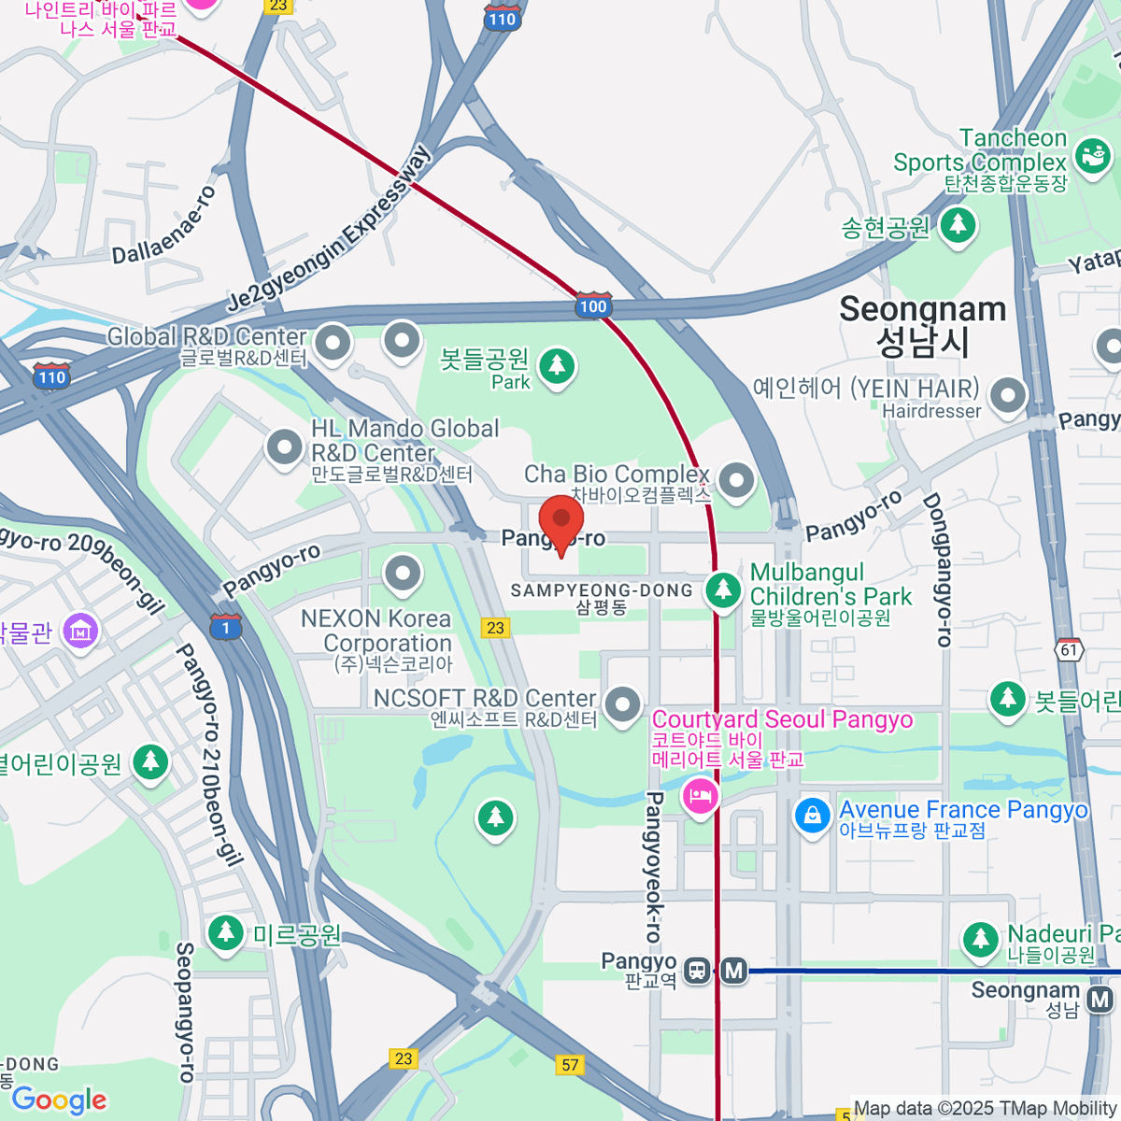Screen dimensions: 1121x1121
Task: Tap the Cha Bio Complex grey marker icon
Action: click(737, 480)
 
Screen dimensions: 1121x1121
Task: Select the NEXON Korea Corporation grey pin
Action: click(403, 573)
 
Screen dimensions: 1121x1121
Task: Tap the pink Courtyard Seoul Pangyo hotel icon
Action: click(700, 797)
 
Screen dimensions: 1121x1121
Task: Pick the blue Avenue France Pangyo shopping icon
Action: click(813, 815)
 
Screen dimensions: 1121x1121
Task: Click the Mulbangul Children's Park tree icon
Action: click(723, 589)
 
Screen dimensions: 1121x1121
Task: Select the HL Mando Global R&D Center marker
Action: click(285, 447)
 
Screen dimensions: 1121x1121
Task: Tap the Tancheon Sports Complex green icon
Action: click(1092, 154)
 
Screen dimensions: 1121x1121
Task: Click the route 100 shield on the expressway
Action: click(592, 305)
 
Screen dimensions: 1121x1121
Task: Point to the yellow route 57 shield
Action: click(570, 1064)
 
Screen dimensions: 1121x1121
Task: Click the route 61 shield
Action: click(1069, 650)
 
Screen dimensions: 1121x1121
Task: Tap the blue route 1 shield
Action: click(225, 627)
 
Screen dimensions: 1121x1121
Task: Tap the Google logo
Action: click(59, 1100)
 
